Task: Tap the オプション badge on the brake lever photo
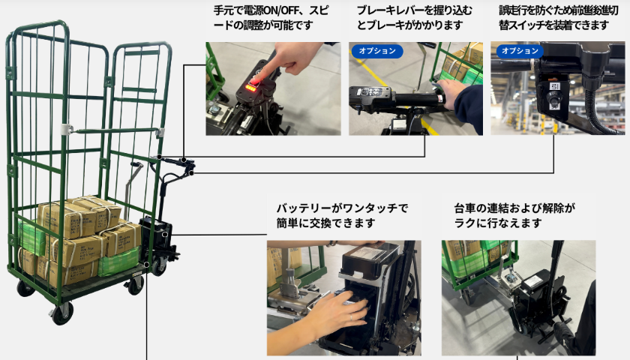coord(376,51)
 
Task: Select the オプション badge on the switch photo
coord(520,51)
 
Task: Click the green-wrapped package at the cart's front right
coord(118,262)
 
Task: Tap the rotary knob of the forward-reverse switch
coord(554,98)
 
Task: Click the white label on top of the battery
coord(370,252)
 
